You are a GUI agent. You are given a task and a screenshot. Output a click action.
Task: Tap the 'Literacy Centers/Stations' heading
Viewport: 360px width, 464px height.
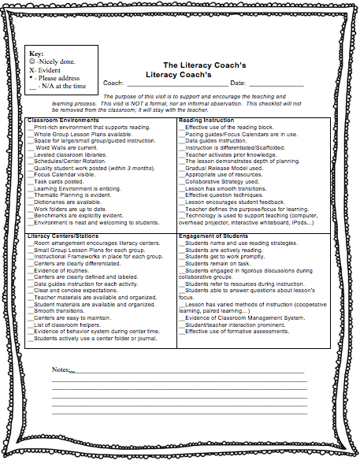click(x=64, y=236)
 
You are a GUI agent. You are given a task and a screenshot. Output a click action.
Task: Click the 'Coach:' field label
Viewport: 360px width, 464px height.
click(x=113, y=83)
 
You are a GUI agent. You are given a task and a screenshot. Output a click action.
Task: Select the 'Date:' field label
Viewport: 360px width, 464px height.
click(x=238, y=83)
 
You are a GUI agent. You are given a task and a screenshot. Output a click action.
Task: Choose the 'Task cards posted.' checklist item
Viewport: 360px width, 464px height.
click(x=59, y=181)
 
